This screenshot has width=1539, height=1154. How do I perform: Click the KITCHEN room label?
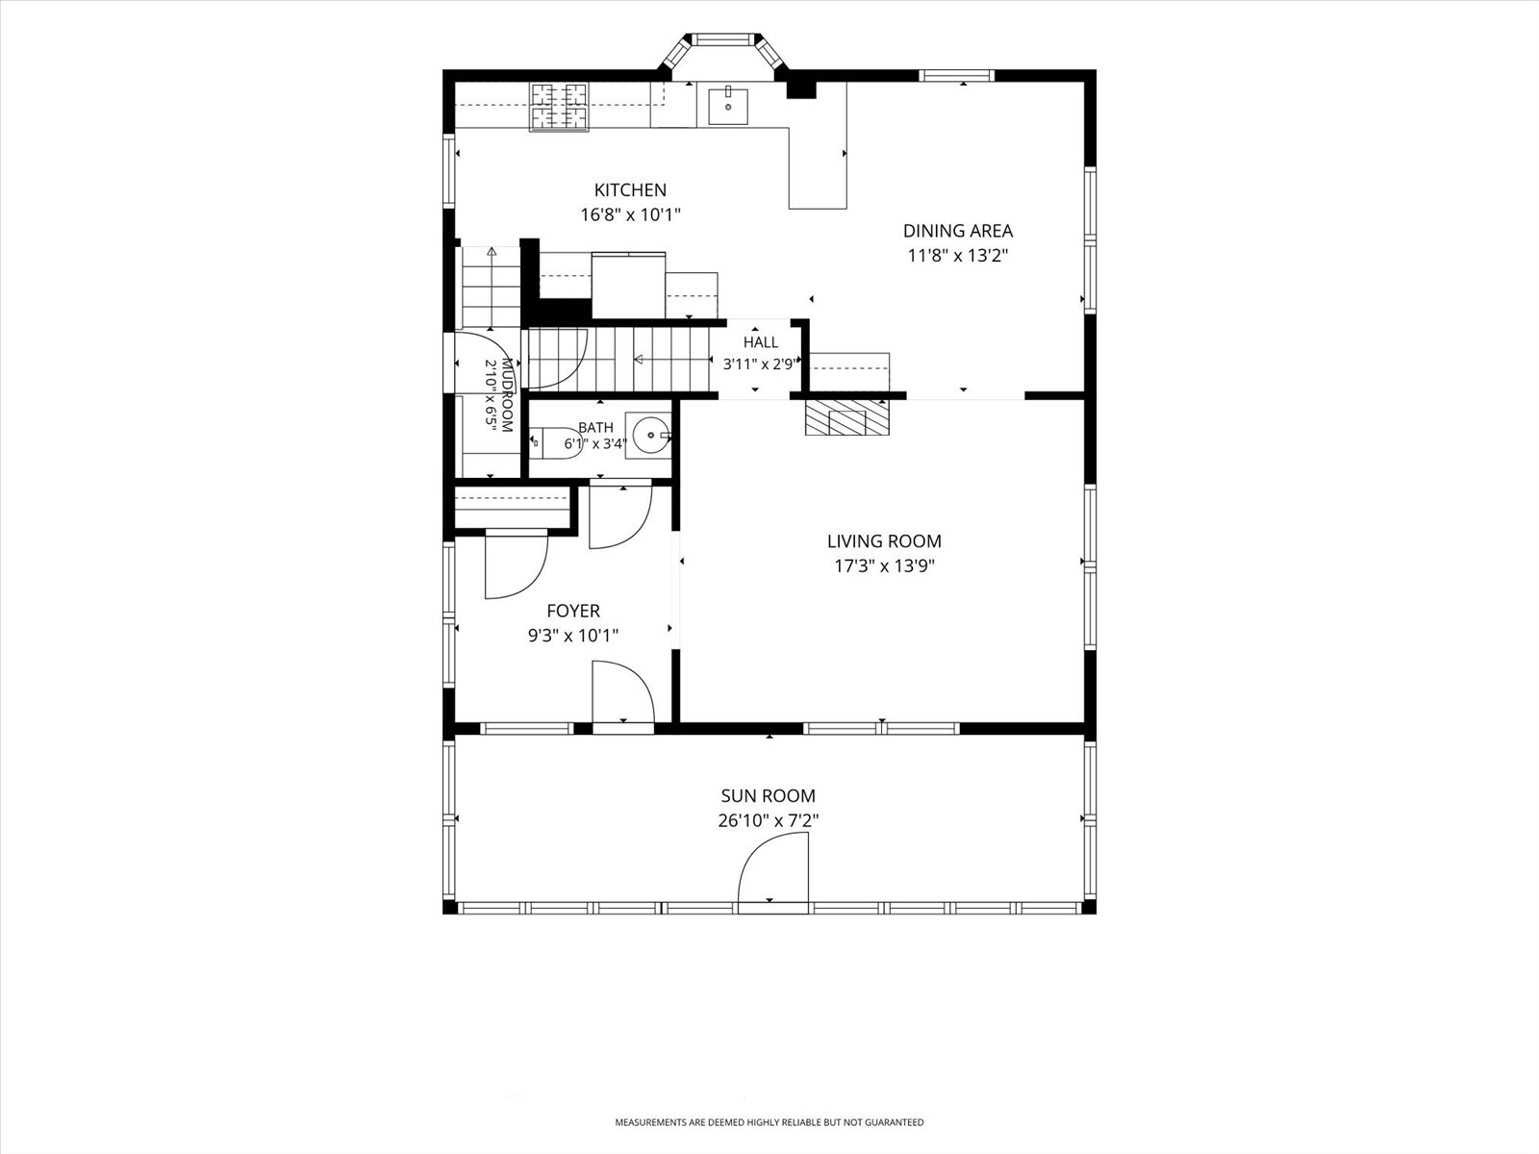tap(630, 189)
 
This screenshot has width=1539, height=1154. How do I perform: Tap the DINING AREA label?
tap(958, 231)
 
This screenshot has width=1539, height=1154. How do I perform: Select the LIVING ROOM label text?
tap(884, 540)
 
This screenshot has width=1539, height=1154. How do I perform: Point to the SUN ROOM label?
tap(769, 796)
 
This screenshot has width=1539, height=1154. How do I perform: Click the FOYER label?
tap(573, 611)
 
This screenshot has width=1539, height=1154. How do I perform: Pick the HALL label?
tap(761, 342)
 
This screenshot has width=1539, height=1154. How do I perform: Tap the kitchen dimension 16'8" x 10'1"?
tap(630, 214)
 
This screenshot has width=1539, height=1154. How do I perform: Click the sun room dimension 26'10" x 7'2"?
tap(769, 820)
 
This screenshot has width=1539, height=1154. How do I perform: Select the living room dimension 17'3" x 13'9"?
tap(884, 565)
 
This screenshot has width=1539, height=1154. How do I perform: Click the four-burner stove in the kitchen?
tap(559, 107)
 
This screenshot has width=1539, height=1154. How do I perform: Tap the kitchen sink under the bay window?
tap(728, 106)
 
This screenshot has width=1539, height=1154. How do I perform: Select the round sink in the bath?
tap(652, 435)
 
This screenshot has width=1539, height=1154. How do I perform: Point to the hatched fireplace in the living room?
tap(847, 417)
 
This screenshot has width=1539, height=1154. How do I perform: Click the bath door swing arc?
tap(634, 536)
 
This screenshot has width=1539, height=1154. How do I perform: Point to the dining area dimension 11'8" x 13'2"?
tap(958, 255)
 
